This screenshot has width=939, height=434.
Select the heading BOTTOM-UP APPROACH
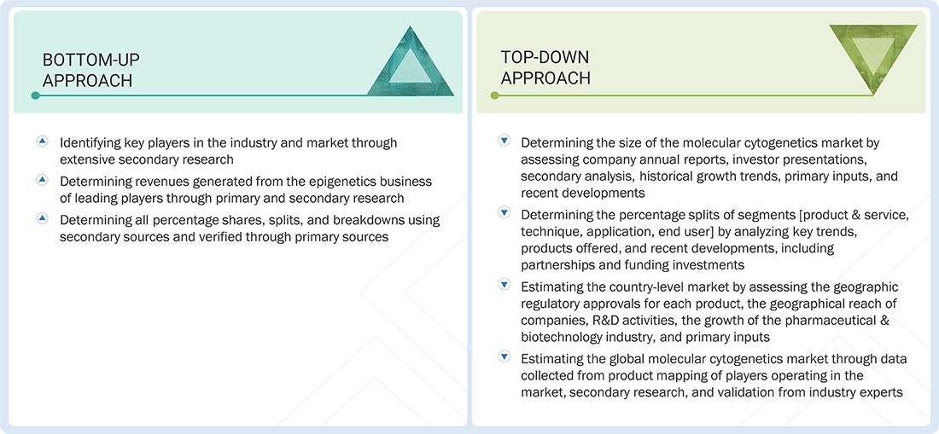pyautogui.click(x=91, y=70)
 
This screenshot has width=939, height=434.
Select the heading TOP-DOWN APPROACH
pyautogui.click(x=545, y=67)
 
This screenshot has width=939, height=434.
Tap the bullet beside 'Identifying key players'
pyautogui.click(x=42, y=141)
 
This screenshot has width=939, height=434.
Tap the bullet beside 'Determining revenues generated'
pyautogui.click(x=42, y=180)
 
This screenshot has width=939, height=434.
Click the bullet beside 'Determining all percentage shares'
pyautogui.click(x=42, y=218)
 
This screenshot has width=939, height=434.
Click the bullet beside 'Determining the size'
pyautogui.click(x=504, y=141)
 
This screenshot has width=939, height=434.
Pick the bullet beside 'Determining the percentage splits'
pyautogui.click(x=504, y=213)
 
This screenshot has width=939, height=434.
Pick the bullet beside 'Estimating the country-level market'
pyautogui.click(x=504, y=285)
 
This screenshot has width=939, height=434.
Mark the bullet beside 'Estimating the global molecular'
pyautogui.click(x=504, y=357)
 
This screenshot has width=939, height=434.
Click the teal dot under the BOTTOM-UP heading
pyautogui.click(x=35, y=95)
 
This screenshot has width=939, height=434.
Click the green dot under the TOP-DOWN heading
pyautogui.click(x=493, y=95)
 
